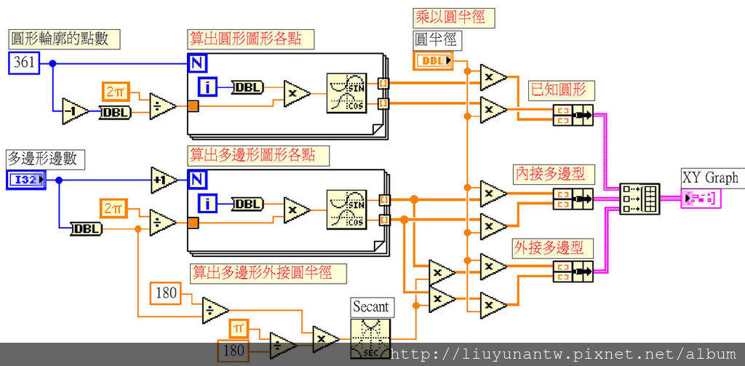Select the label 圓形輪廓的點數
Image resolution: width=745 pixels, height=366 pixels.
click(59, 39)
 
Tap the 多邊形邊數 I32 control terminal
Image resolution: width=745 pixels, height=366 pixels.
click(27, 180)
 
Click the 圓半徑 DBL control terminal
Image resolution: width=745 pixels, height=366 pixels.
click(433, 60)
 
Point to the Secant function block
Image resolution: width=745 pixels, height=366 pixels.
click(370, 337)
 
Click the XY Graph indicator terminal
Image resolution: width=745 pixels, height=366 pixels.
click(701, 198)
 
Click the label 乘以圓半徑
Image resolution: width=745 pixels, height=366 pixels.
click(449, 17)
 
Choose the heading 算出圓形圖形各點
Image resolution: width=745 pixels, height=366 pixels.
click(245, 38)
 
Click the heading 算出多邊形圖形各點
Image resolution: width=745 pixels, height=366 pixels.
click(258, 154)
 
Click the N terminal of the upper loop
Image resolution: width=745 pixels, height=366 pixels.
click(196, 63)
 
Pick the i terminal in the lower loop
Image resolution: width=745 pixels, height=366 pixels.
click(208, 203)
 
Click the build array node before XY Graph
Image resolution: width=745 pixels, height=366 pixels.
click(640, 198)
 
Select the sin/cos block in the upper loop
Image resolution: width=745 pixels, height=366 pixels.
click(347, 93)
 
